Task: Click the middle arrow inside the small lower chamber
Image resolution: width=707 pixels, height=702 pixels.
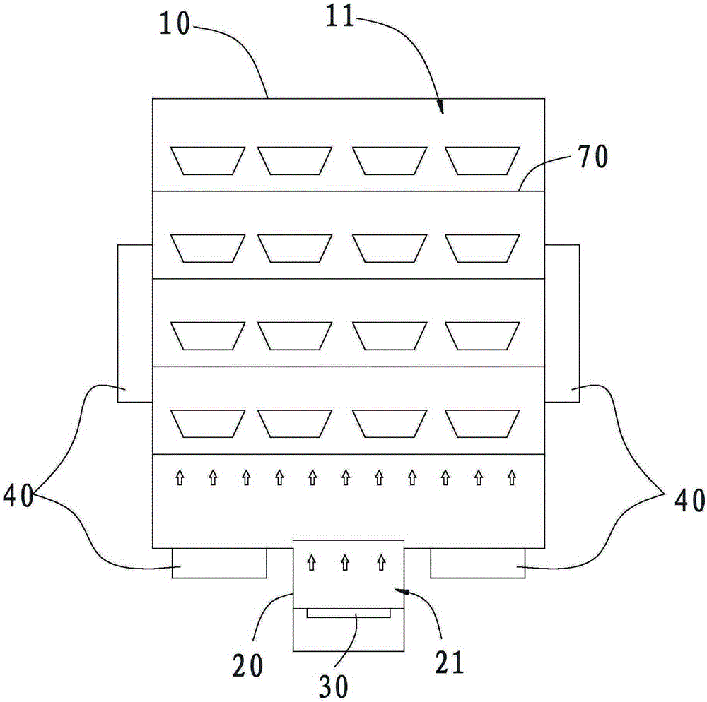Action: point(345,562)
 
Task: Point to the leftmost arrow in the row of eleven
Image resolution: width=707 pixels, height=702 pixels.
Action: point(179,478)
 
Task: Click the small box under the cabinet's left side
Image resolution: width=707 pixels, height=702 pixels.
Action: point(219,563)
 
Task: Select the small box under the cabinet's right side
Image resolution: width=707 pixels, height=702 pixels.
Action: point(477,563)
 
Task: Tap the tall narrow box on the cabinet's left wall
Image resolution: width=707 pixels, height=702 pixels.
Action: point(135,323)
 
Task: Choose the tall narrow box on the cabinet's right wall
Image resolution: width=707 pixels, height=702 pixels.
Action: point(563,323)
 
